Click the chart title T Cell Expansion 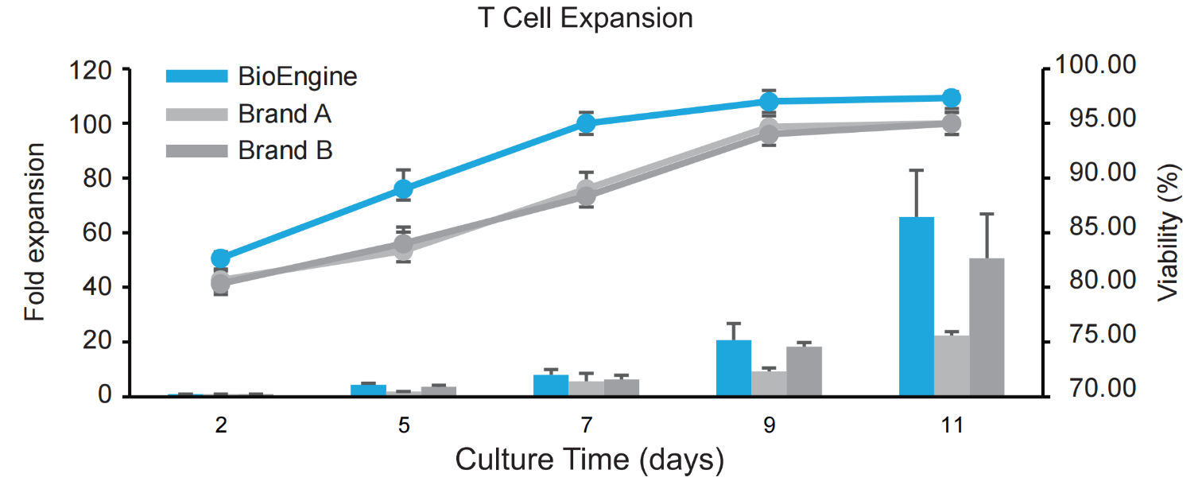[586, 18]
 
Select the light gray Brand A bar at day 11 [952, 366]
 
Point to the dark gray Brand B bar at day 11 [987, 327]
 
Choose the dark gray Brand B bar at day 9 [804, 371]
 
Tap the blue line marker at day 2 [221, 258]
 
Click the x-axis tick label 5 [404, 425]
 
